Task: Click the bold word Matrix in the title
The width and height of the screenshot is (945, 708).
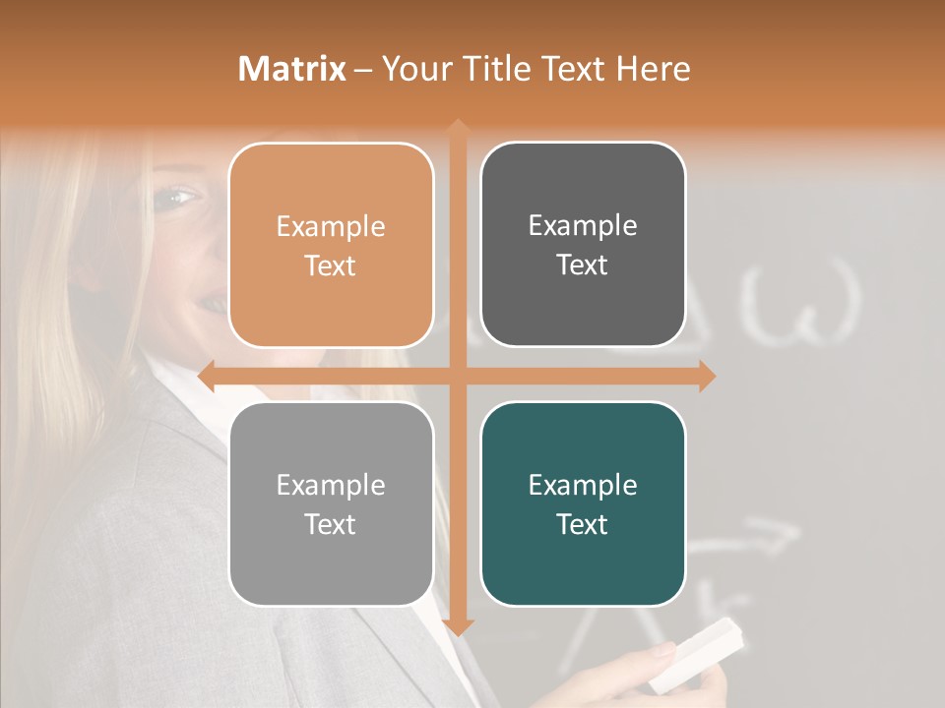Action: pos(292,69)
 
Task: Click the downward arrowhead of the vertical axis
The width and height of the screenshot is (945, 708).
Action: pos(458,627)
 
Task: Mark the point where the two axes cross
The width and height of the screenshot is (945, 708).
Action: pos(458,376)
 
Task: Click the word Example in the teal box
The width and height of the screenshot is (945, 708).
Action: pos(583,485)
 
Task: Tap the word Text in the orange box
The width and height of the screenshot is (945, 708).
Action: pos(331,265)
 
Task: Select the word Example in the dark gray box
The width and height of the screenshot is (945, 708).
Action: pos(583,226)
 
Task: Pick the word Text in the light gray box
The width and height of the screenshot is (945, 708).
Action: pos(331,524)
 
